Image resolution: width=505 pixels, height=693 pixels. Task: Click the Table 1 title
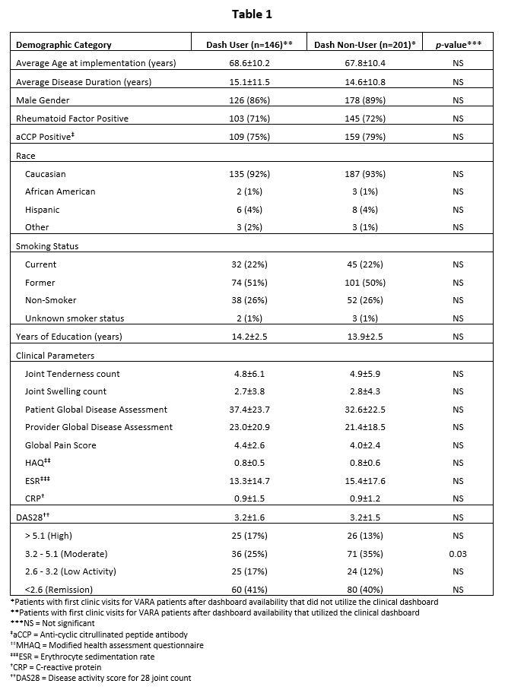click(252, 14)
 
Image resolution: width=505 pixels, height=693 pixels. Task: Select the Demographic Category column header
click(64, 45)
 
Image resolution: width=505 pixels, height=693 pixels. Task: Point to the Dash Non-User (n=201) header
click(364, 45)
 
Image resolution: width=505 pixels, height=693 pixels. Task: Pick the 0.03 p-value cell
click(457, 554)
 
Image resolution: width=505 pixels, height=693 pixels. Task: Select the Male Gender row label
click(44, 100)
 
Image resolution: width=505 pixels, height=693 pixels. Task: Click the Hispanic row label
click(42, 210)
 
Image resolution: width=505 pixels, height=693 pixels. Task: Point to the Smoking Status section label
click(47, 246)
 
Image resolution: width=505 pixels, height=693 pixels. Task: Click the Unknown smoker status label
click(75, 318)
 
